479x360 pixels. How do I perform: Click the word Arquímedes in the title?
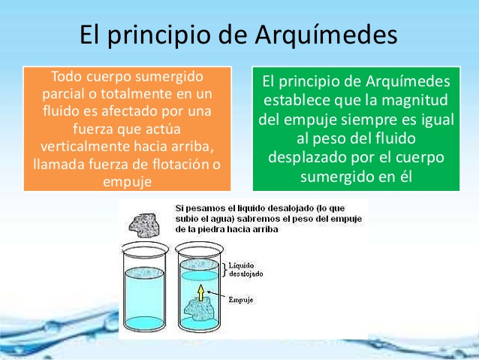(x=326, y=35)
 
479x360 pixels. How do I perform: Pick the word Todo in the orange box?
(x=66, y=76)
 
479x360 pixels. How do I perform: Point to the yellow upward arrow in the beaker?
(x=200, y=292)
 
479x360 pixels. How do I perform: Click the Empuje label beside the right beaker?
(x=241, y=300)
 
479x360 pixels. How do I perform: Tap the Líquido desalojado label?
(x=246, y=270)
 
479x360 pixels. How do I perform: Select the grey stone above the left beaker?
(x=144, y=225)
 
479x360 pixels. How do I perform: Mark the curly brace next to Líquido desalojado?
(x=224, y=270)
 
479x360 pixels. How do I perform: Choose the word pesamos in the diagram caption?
(x=200, y=209)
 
